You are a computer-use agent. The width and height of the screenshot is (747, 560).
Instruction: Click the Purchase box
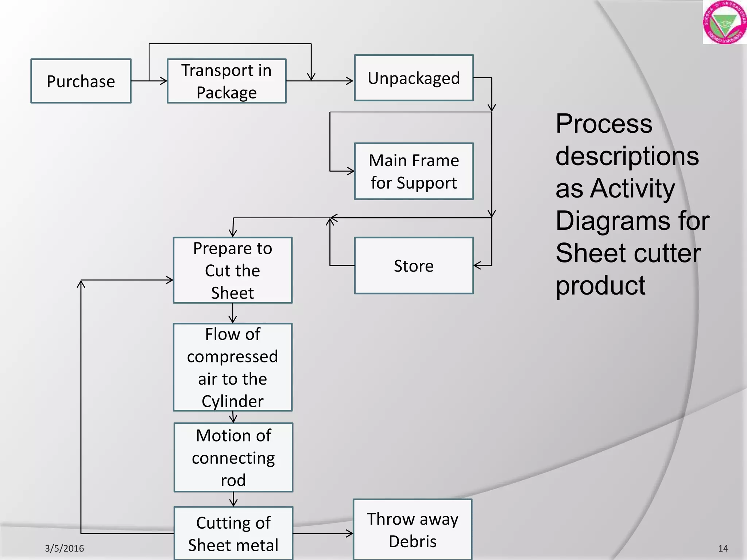pyautogui.click(x=81, y=81)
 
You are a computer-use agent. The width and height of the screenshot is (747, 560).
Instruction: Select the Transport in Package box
pyautogui.click(x=227, y=81)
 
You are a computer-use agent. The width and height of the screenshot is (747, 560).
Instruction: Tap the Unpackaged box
pyautogui.click(x=414, y=78)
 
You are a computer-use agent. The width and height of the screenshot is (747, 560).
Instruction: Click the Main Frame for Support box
pyautogui.click(x=414, y=171)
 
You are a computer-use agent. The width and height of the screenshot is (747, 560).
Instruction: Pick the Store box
pyautogui.click(x=414, y=266)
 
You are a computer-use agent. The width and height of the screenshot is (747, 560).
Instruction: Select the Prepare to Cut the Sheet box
pyautogui.click(x=232, y=270)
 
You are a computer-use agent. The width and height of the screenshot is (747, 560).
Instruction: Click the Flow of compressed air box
pyautogui.click(x=232, y=367)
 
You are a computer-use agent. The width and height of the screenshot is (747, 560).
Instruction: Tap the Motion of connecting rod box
pyautogui.click(x=233, y=458)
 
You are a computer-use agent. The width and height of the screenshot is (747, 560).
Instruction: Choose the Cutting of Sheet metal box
pyautogui.click(x=233, y=533)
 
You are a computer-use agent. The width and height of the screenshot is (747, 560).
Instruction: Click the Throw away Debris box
pyautogui.click(x=413, y=530)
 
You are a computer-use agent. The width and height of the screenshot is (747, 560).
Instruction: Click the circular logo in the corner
pyautogui.click(x=724, y=22)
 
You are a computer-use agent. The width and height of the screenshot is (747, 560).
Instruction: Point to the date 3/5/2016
pyautogui.click(x=64, y=548)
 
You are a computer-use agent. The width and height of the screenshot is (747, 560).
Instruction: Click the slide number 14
pyautogui.click(x=723, y=548)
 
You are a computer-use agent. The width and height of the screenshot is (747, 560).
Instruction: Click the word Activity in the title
pyautogui.click(x=632, y=188)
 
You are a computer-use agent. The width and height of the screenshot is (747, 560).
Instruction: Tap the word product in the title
pyautogui.click(x=600, y=285)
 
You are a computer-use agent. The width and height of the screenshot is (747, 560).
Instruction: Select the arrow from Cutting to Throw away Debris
pyautogui.click(x=323, y=533)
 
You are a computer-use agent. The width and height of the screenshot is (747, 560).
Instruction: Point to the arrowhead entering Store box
pyautogui.click(x=477, y=266)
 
